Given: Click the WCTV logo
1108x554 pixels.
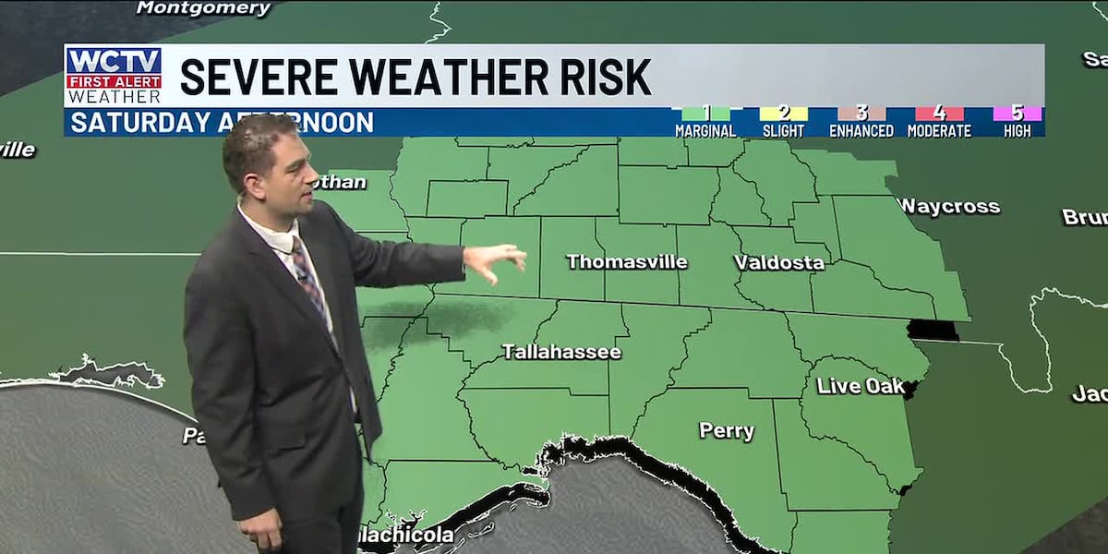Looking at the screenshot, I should point(114,75).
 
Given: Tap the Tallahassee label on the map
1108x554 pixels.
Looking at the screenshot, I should point(561,352).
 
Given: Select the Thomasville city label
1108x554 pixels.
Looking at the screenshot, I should point(627,262).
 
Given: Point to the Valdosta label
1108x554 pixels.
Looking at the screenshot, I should point(779,262).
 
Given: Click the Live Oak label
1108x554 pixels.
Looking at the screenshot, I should point(861,386).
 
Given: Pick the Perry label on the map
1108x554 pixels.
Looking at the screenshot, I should point(727,431).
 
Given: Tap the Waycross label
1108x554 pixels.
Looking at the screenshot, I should point(949,207).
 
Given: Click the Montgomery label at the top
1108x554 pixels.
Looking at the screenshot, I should point(203,8).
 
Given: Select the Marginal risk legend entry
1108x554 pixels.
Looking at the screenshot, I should point(705,122).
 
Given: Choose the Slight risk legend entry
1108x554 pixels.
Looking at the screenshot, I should point(783,122).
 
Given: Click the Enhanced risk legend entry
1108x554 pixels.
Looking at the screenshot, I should point(861,122).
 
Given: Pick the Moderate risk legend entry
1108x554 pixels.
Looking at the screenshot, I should point(938,122).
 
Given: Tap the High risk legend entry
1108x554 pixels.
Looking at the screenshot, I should point(1017,122).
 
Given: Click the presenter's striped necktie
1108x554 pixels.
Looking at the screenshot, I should point(308,277).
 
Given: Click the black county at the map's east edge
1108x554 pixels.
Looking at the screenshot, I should point(933,330).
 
